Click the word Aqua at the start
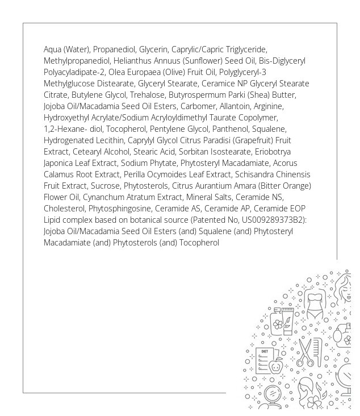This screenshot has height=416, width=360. pyautogui.click(x=52, y=49)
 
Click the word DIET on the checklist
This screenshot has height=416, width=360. pyautogui.click(x=263, y=352)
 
